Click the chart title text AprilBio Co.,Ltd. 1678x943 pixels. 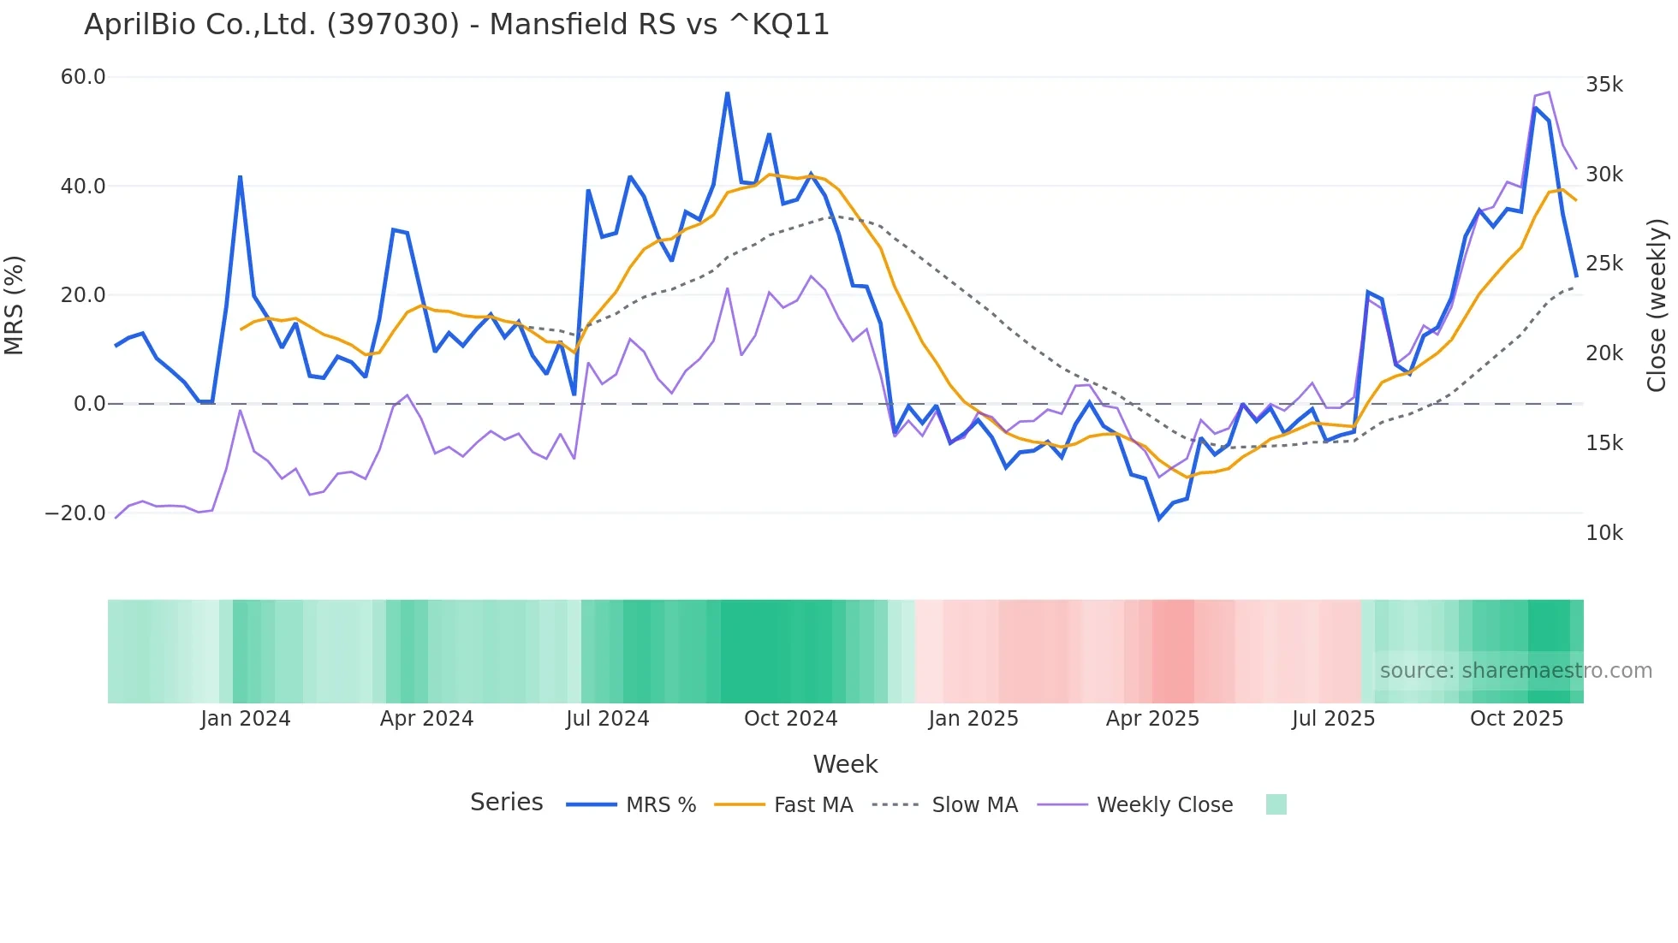[x=456, y=25]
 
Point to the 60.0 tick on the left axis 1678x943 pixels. [x=83, y=77]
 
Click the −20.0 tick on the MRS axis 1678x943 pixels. [x=75, y=513]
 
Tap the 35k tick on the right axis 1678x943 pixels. [x=1604, y=85]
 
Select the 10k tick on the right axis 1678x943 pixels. [x=1604, y=533]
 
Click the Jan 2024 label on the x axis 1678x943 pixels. [x=246, y=719]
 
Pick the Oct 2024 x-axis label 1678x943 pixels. [x=790, y=719]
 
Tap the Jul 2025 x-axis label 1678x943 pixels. [x=1333, y=719]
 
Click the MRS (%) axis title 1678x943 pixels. [x=15, y=305]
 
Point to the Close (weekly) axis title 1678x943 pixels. [x=1657, y=305]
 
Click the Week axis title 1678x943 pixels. [x=845, y=764]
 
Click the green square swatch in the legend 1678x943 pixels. [x=1276, y=805]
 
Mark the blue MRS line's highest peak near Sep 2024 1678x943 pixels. [x=728, y=93]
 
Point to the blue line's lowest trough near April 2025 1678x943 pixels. [x=1159, y=519]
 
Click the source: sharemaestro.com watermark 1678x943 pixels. [x=1515, y=671]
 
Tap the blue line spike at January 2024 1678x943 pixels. [x=240, y=176]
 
